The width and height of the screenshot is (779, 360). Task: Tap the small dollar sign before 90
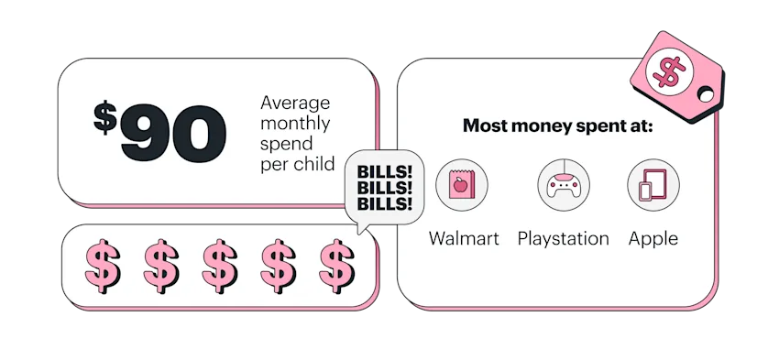pos(105,116)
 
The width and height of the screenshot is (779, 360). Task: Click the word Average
pos(294,103)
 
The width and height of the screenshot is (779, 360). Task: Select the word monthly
pos(295,124)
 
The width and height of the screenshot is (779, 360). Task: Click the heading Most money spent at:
pos(557,126)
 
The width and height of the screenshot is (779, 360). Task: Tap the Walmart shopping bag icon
pos(462,186)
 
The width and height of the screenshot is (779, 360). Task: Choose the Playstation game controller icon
pos(563,186)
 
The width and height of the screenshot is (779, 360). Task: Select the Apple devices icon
pos(653,186)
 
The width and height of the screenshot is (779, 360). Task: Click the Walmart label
pos(464,239)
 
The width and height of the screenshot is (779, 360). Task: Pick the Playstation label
pos(563,239)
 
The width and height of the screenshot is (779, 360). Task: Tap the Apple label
pos(653,239)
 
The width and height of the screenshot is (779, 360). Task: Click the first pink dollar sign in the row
pos(103,264)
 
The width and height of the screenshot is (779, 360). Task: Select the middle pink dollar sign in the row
pos(220,264)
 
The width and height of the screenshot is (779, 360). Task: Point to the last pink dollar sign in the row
pos(336,264)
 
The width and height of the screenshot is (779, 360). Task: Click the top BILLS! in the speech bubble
pos(384,171)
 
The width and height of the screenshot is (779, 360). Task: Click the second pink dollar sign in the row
pos(161,264)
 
